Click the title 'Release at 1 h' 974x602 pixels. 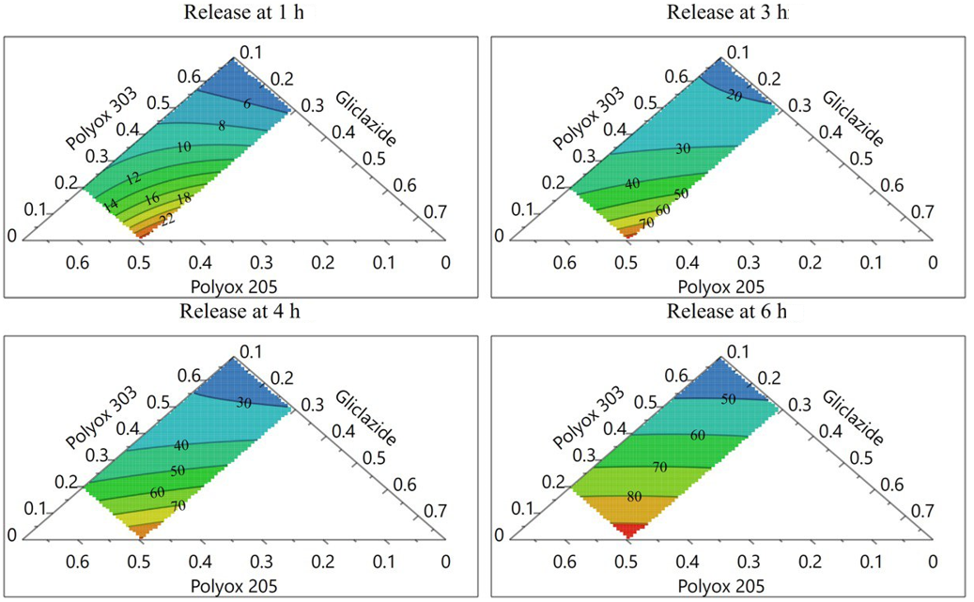pyautogui.click(x=243, y=12)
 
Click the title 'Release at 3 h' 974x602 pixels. pyautogui.click(x=728, y=12)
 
